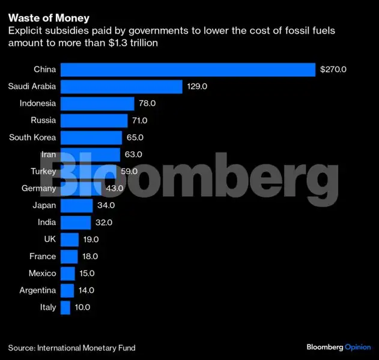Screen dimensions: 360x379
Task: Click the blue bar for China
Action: pos(188,70)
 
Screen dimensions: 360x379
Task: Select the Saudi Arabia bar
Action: pos(122,86)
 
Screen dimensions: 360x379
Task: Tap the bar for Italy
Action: pos(67,307)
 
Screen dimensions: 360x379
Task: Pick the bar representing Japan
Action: pos(77,205)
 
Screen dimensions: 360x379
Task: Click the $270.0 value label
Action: pos(333,70)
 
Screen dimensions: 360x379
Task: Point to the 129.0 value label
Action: pos(196,86)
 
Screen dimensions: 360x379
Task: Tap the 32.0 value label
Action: pos(102,223)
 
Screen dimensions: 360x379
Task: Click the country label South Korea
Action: pos(32,137)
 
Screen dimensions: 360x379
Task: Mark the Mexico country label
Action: pos(42,274)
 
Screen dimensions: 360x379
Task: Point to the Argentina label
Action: pos(37,290)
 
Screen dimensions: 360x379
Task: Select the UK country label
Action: pos(49,239)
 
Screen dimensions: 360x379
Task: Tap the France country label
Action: pos(43,256)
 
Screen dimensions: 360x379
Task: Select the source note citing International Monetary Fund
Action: pos(71,347)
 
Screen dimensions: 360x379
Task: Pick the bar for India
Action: pos(76,223)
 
